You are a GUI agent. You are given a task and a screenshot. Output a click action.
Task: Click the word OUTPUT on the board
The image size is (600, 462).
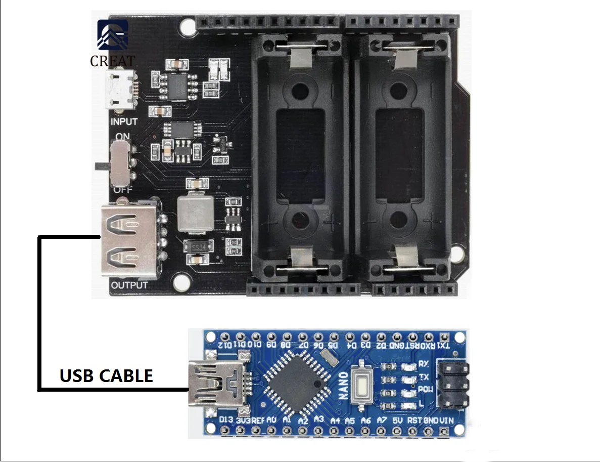[x=129, y=285]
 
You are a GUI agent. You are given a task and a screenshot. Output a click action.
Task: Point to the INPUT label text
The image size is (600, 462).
[x=124, y=122]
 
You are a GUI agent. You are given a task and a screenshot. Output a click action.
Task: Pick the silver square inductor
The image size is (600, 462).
[x=195, y=213]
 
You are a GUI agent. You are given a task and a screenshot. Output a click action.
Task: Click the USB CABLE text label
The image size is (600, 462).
[x=106, y=376]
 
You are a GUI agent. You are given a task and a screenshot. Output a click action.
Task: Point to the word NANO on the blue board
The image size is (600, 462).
[x=343, y=387]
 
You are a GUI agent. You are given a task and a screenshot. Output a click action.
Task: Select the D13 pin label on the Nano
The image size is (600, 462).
[x=226, y=420]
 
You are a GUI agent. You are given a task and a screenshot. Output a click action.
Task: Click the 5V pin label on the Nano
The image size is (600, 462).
[x=397, y=420]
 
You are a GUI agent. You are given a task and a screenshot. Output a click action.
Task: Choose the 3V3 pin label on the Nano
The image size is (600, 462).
[x=243, y=420]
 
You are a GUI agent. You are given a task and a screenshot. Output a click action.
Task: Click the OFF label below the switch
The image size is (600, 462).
[x=122, y=190]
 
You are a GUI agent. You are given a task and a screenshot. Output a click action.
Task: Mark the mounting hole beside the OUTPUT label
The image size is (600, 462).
[x=180, y=282]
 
